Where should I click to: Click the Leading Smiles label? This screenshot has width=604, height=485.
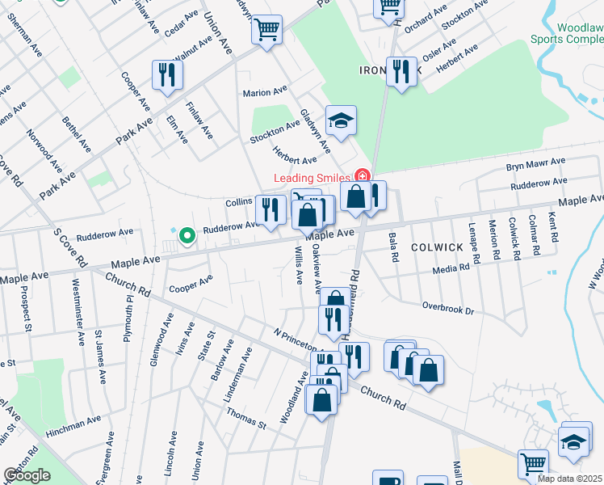tap(312, 178)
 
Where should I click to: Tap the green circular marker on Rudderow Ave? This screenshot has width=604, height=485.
tap(187, 236)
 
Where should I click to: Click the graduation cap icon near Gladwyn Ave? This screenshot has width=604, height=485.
tap(341, 120)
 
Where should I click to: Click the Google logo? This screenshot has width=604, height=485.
tap(27, 475)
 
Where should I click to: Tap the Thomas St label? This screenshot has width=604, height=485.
tap(245, 418)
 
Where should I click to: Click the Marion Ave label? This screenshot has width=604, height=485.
tap(266, 92)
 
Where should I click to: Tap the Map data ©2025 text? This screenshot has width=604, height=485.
tap(570, 479)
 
